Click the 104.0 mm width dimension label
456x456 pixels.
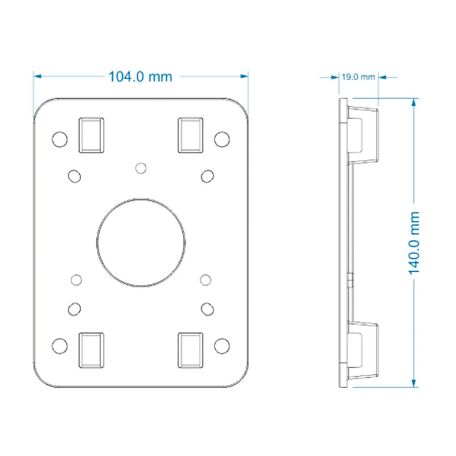140,77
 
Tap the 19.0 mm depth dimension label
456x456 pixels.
358,77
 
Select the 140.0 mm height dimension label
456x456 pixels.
414,243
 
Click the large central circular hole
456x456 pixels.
141,243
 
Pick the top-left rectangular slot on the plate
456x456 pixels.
91,135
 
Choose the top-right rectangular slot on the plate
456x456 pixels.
191,135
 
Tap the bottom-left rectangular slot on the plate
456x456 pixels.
91,350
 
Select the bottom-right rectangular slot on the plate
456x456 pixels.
191,350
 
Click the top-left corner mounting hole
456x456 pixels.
60,139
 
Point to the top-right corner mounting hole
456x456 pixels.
222,139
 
